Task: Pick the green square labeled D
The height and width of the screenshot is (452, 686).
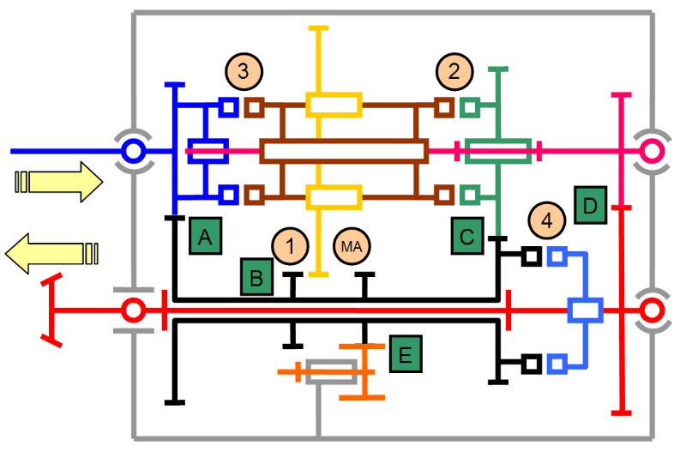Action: [590, 205]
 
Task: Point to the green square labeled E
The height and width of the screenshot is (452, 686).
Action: [406, 353]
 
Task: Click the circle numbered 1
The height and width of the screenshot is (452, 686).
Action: [290, 246]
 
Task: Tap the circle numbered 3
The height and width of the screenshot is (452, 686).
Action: [244, 71]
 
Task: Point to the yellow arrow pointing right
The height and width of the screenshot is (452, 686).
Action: [59, 182]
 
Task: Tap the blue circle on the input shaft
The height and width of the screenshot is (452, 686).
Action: [132, 152]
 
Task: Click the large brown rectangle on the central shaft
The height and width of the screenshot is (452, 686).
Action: [344, 152]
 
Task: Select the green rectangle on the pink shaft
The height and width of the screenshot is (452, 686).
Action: [497, 152]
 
